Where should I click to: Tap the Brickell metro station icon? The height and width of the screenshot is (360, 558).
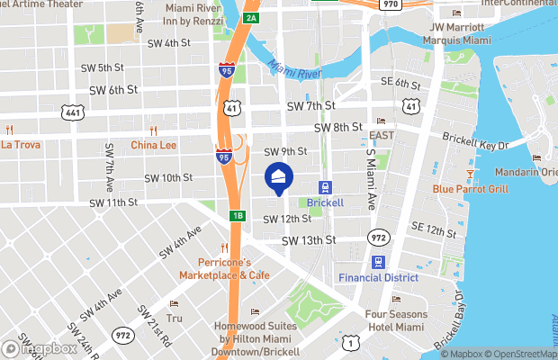click(x=325, y=187)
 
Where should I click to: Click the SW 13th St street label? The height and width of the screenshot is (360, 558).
click(x=308, y=240)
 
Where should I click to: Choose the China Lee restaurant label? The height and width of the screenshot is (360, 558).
click(x=154, y=144)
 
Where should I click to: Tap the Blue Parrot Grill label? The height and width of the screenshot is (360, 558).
click(x=470, y=189)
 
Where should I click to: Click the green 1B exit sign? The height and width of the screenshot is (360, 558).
click(x=238, y=216)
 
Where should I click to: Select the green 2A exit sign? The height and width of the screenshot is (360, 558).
click(x=252, y=18)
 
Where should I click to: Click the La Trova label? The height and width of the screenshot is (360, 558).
click(x=22, y=144)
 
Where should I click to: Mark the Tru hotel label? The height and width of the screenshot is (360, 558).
click(x=175, y=318)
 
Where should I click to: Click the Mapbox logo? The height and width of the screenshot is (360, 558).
click(x=40, y=348)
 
